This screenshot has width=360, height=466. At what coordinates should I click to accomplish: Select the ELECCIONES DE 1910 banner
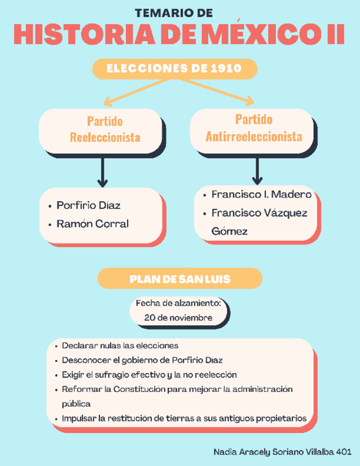click(174, 69)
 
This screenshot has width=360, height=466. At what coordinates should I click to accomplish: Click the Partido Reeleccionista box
click(101, 129)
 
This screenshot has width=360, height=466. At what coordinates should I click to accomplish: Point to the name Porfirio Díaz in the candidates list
click(88, 206)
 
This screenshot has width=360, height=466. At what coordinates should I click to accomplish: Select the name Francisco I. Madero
click(261, 195)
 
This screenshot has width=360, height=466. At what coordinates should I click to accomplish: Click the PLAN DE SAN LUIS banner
click(179, 279)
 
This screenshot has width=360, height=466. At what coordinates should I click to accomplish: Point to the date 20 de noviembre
click(178, 318)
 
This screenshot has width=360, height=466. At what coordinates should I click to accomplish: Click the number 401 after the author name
click(343, 451)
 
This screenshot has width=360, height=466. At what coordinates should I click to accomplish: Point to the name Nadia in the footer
click(224, 451)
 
